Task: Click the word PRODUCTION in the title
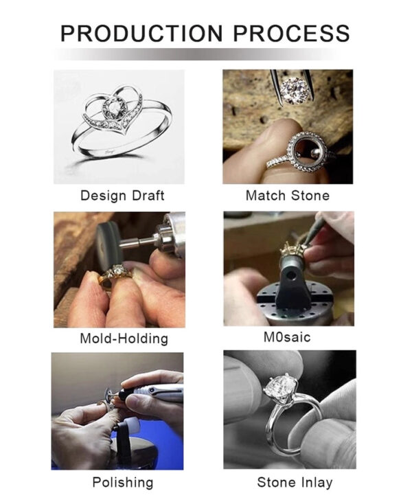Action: tap(141, 33)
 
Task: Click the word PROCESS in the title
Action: tap(291, 33)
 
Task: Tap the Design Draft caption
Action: tap(122, 196)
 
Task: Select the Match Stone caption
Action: tap(288, 196)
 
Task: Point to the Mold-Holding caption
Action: tap(124, 339)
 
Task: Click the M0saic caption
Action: tap(287, 337)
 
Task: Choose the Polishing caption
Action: tap(123, 483)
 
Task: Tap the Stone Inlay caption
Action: tap(295, 483)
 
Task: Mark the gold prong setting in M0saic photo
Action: tap(291, 249)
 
